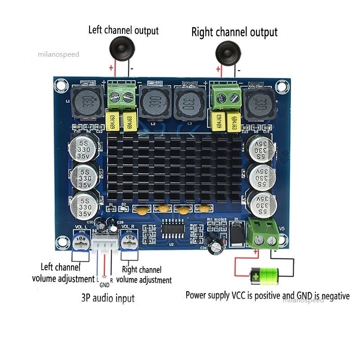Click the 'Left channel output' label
pyautogui.click(x=123, y=31)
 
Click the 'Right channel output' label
pyautogui.click(x=234, y=32)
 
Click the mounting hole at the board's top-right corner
pyautogui.click(x=283, y=85)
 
